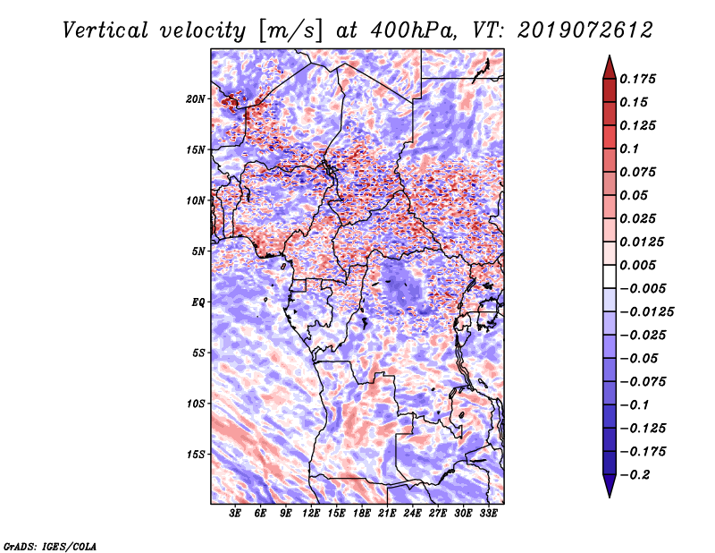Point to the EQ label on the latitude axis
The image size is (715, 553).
tap(198, 302)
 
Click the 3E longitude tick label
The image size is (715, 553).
tap(236, 515)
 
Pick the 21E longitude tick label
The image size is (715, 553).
tap(388, 515)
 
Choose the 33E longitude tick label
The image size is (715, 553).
tap(489, 515)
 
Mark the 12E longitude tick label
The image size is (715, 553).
tap(312, 515)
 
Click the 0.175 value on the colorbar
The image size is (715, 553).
tap(641, 79)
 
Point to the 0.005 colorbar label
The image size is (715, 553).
tap(641, 265)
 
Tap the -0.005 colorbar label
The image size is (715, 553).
tap(643, 288)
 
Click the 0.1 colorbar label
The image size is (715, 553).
tap(634, 149)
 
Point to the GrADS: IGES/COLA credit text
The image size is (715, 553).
tap(50, 544)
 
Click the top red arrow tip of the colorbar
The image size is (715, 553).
tap(609, 59)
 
